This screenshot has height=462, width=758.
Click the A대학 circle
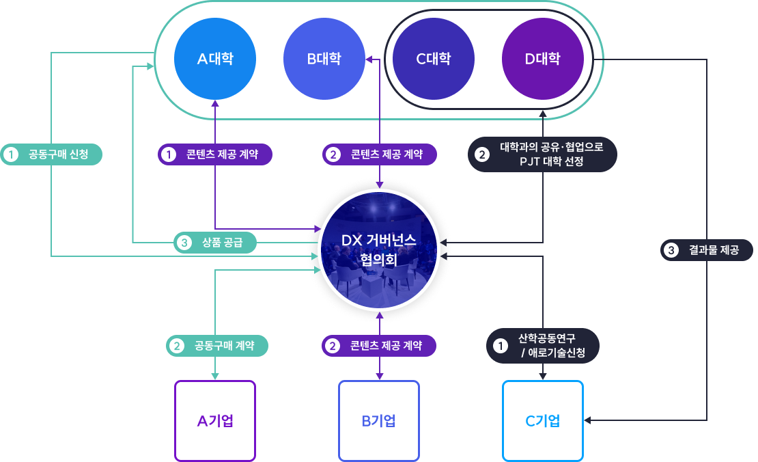(215, 59)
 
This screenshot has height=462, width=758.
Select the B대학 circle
(324, 59)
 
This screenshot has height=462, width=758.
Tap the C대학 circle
(434, 59)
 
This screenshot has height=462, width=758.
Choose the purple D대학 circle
(543, 59)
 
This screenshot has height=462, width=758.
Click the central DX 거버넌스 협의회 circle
(378, 250)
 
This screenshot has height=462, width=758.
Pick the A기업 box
(215, 420)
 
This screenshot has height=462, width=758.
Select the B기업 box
(379, 420)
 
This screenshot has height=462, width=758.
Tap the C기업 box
(543, 420)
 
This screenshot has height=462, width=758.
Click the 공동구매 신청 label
(51, 154)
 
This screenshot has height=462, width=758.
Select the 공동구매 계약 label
(217, 346)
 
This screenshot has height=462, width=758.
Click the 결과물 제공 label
(706, 250)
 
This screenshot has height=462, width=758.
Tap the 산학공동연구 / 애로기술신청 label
(543, 346)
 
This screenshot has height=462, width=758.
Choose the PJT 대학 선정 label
(543, 154)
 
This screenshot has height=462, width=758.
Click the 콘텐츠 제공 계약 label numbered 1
(215, 154)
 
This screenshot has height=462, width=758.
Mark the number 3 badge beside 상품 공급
(183, 242)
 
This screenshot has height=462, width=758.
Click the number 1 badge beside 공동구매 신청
(10, 154)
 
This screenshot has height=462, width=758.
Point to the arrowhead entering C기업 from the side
(588, 420)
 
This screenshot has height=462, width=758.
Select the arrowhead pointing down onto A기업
(215, 376)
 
